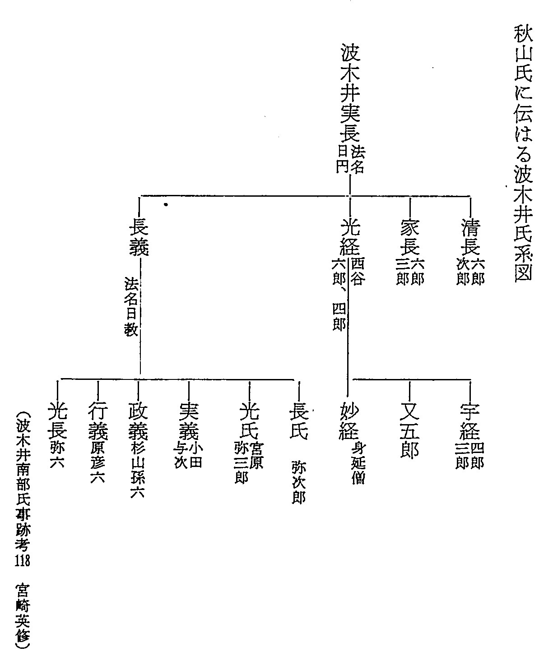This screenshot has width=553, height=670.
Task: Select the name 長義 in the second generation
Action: point(139,237)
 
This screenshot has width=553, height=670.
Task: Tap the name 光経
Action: point(350,237)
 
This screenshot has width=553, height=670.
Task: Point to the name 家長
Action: point(410,237)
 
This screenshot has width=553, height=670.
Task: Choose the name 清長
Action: point(470,237)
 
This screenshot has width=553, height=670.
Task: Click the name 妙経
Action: point(349,420)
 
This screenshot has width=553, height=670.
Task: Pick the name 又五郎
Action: point(410,430)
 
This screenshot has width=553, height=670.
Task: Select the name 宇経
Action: point(469,420)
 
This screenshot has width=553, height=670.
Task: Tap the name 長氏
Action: point(299,420)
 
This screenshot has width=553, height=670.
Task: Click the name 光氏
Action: point(249,420)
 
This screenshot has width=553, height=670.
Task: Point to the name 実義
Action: point(189,420)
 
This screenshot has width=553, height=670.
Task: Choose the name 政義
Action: point(138,420)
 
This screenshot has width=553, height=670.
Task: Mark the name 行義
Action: point(98,420)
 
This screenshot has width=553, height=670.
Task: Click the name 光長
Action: point(57,420)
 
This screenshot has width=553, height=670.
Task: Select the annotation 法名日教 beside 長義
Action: point(131,306)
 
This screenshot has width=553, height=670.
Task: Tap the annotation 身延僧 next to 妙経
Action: point(358,463)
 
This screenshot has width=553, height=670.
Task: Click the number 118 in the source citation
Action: point(23,560)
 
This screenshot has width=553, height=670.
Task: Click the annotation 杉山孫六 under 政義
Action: point(138,470)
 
